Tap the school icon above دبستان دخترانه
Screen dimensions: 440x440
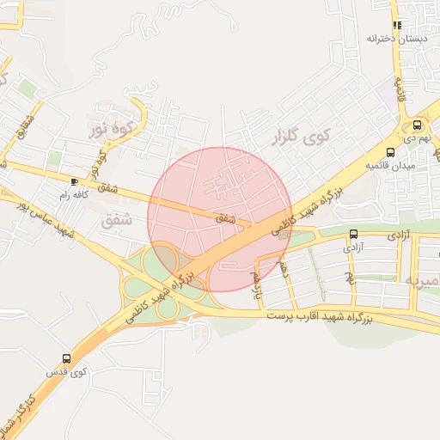click(x=396, y=26)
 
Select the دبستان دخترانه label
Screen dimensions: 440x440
click(x=396, y=39)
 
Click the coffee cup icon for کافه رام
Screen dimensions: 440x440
click(x=75, y=182)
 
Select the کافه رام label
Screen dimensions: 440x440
click(x=75, y=195)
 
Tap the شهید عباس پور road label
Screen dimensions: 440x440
click(x=49, y=219)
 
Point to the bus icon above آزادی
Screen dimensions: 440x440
click(x=353, y=234)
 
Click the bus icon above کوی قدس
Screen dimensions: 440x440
click(x=67, y=357)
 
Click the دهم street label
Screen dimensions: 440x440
click(x=284, y=272)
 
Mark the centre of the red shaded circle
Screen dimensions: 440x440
click(x=220, y=219)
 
